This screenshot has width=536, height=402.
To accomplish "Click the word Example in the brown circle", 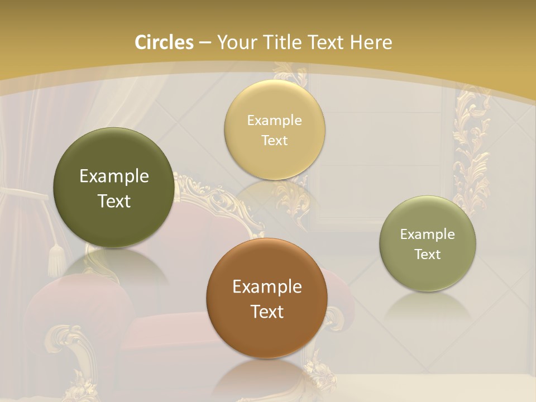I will pos(267,287).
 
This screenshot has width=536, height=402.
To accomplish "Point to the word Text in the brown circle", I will pos(267,312).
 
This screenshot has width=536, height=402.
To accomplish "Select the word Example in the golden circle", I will pos(275,121).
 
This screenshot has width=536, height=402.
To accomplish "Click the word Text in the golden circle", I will pos(275,141).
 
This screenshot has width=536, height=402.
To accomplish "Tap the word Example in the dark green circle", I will pos(114,176).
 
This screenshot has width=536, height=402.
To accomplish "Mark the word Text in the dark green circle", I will pos(114,201).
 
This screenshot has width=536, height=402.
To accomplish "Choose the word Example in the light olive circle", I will pos(428,234).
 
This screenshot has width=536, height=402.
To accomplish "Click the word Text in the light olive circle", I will pos(428,255).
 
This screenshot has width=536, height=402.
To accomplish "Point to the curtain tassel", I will pos(56,260).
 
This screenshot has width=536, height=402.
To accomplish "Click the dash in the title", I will pos(205,43).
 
